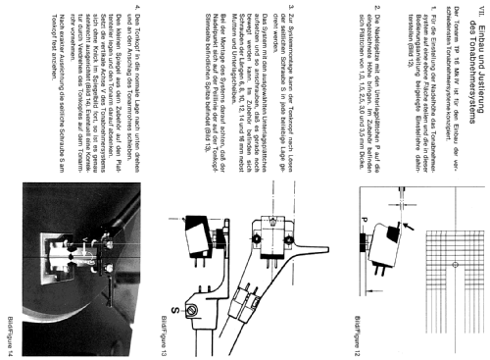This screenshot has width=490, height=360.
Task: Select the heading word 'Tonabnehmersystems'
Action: pyautogui.click(x=459, y=75)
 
